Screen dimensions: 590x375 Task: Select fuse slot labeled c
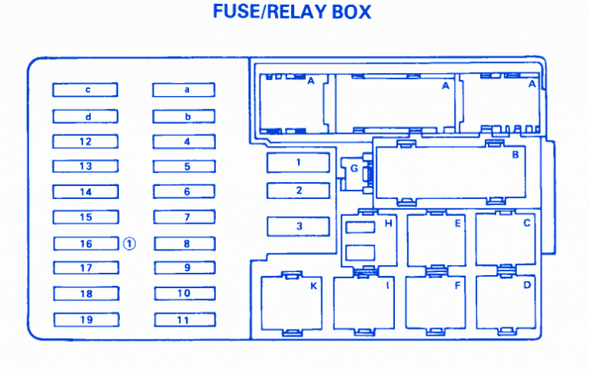tap(85, 90)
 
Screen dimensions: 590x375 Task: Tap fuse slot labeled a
tap(184, 90)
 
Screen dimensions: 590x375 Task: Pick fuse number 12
tap(85, 141)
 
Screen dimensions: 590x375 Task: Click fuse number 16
tap(86, 244)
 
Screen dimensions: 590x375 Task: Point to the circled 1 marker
tap(129, 244)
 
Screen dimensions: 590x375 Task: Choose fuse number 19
tap(86, 320)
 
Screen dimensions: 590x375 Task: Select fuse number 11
tap(184, 320)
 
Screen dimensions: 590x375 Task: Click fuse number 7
tap(184, 217)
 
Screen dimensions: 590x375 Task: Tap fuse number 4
tap(184, 141)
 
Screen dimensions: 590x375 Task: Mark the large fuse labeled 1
tap(298, 162)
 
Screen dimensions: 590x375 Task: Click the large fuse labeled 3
tap(298, 226)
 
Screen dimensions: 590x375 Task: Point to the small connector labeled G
tap(354, 168)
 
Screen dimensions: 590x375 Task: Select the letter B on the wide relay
tap(515, 154)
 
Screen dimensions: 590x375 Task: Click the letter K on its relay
tap(313, 286)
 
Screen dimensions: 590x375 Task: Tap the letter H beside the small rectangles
tap(388, 224)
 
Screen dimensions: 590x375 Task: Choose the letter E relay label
tap(458, 224)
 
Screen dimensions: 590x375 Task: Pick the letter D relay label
tap(527, 285)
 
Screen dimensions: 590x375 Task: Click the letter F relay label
tap(458, 286)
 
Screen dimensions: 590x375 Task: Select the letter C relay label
tap(527, 224)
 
